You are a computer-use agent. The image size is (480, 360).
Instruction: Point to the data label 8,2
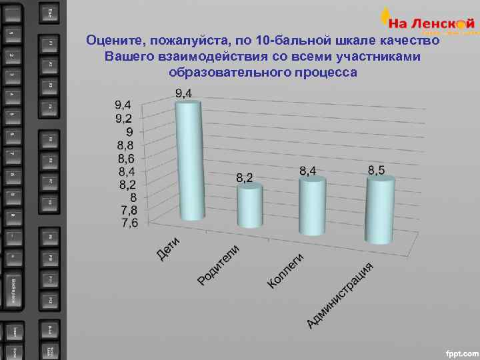pyautogui.click(x=245, y=178)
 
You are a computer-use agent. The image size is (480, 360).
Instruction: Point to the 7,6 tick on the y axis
pyautogui.click(x=129, y=223)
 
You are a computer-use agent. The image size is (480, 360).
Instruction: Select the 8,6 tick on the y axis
pyautogui.click(x=126, y=159)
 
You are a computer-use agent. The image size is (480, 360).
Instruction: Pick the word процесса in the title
pyautogui.click(x=320, y=72)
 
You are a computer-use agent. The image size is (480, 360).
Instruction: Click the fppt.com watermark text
pyautogui.click(x=461, y=351)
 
